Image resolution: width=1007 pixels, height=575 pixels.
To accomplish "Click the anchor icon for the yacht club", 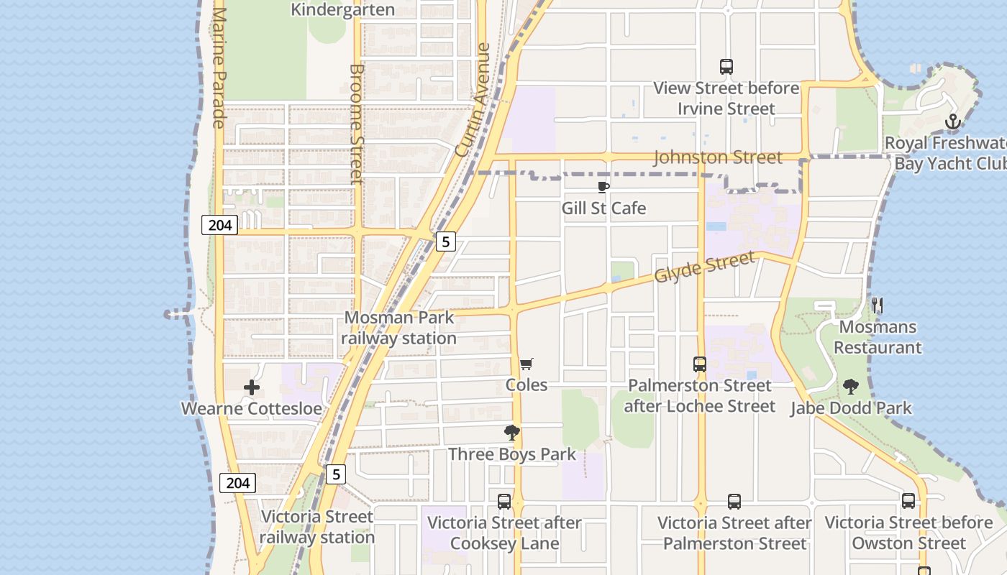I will pyautogui.click(x=953, y=121).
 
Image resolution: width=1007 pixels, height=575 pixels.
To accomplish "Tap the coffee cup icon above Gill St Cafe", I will pyautogui.click(x=603, y=188).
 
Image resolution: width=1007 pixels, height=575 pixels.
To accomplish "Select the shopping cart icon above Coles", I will pyautogui.click(x=527, y=364).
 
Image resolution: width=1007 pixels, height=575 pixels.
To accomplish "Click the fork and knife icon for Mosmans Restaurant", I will pyautogui.click(x=878, y=305).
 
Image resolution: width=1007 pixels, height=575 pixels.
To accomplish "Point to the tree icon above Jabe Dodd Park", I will pyautogui.click(x=851, y=387).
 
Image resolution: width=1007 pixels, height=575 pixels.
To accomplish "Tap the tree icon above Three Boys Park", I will pyautogui.click(x=512, y=433).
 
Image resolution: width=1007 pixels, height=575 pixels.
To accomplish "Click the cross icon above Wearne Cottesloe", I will pyautogui.click(x=251, y=388).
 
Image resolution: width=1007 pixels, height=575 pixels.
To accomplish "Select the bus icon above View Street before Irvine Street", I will pyautogui.click(x=726, y=67).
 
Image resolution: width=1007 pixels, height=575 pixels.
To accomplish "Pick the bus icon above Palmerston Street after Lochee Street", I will pyautogui.click(x=700, y=364).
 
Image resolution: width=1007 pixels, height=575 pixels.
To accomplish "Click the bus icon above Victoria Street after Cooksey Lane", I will pyautogui.click(x=504, y=501).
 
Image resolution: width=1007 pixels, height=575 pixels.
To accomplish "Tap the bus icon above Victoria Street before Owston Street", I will pyautogui.click(x=908, y=501).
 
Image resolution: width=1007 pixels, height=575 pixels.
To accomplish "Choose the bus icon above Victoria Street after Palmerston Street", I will pyautogui.click(x=734, y=501).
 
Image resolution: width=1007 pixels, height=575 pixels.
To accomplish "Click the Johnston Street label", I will pyautogui.click(x=717, y=157).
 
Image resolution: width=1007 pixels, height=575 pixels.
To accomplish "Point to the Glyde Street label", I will pyautogui.click(x=705, y=267).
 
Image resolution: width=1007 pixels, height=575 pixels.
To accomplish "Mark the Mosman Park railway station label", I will pyautogui.click(x=398, y=328).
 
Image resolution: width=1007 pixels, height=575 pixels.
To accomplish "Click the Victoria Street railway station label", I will pyautogui.click(x=317, y=527).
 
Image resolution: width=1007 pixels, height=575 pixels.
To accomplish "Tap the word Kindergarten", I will pyautogui.click(x=342, y=9).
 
